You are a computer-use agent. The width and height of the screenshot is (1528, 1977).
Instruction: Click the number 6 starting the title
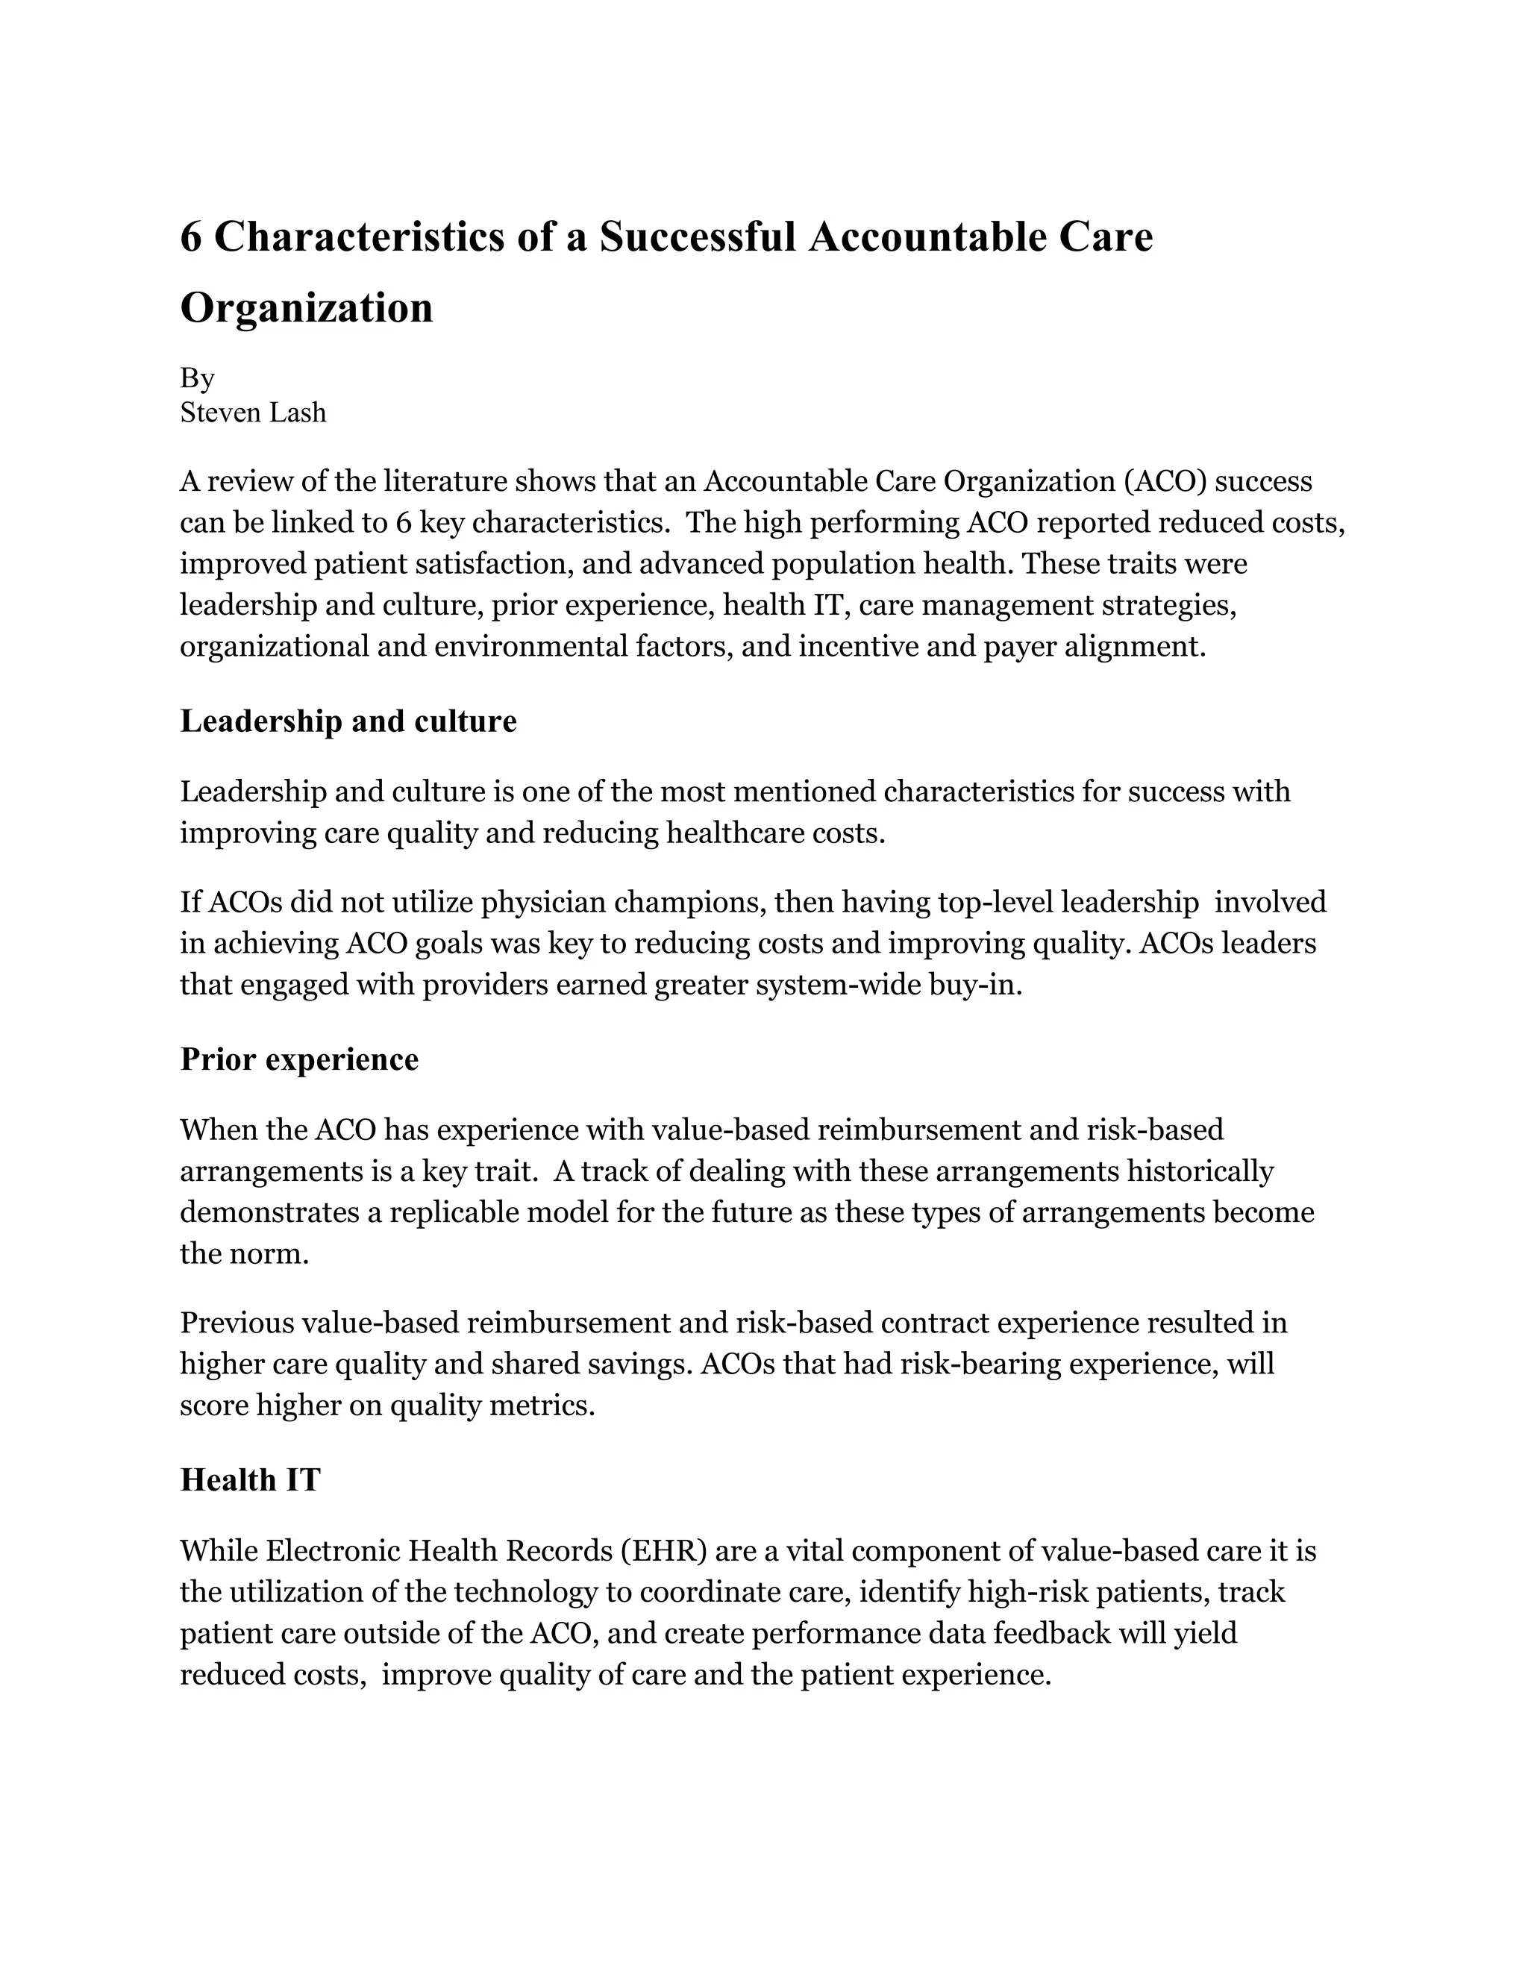click(x=190, y=238)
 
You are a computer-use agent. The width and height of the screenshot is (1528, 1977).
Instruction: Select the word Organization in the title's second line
click(x=307, y=309)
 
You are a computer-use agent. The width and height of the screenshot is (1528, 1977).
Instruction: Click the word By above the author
click(x=196, y=377)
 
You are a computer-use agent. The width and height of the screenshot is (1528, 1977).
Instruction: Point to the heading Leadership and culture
click(x=348, y=721)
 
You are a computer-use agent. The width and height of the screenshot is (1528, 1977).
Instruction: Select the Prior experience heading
click(x=300, y=1059)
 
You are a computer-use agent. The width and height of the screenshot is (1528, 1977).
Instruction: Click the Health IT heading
click(x=251, y=1480)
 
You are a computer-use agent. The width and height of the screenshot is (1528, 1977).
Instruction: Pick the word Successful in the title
click(x=697, y=238)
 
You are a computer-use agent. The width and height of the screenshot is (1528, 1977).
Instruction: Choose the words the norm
click(x=245, y=1254)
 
